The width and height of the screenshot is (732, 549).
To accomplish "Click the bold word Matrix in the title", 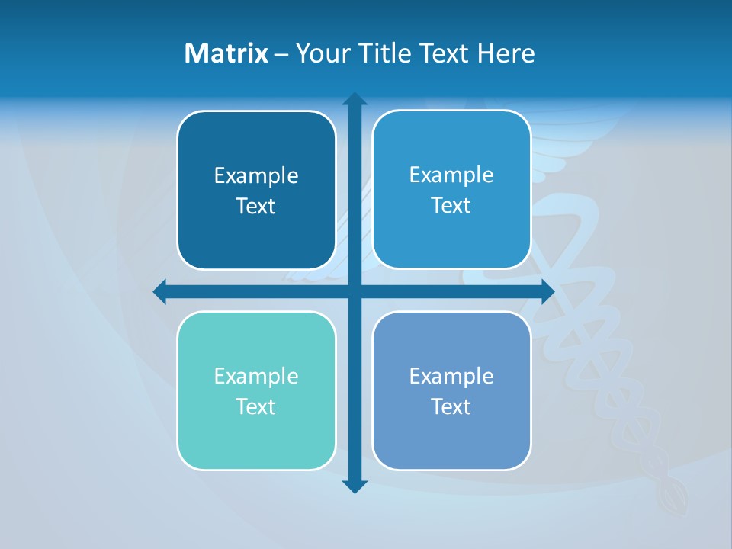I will (x=226, y=53).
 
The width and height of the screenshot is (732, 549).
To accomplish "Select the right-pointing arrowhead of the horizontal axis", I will (x=547, y=291).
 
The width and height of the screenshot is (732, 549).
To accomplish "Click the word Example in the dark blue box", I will (x=256, y=176).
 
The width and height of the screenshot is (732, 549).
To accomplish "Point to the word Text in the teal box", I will (x=256, y=406).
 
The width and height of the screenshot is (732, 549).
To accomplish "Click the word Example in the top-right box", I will (x=451, y=175).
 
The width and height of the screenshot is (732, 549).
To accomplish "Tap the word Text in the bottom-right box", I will (x=451, y=406).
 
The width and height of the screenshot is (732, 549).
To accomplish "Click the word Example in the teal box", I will (x=256, y=376).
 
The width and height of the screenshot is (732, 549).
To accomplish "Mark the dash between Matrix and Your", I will (x=281, y=54).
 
